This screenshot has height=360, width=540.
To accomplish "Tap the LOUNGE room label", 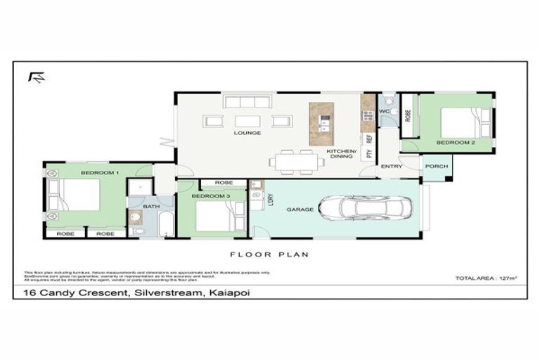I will click(x=248, y=132).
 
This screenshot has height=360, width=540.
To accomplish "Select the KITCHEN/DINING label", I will click(x=342, y=154).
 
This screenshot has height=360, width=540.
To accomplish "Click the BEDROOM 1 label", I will click(x=99, y=172).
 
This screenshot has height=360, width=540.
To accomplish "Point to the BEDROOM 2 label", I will click(x=455, y=143).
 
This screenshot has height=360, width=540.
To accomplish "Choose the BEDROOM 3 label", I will click(x=211, y=195).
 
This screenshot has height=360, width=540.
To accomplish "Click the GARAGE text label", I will click(x=300, y=210).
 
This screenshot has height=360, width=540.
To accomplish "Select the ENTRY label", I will click(x=392, y=167).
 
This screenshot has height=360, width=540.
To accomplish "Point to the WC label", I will click(x=384, y=111).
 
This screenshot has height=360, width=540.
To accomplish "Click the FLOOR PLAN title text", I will click(x=269, y=255).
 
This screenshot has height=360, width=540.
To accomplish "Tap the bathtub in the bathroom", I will click(x=165, y=224).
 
